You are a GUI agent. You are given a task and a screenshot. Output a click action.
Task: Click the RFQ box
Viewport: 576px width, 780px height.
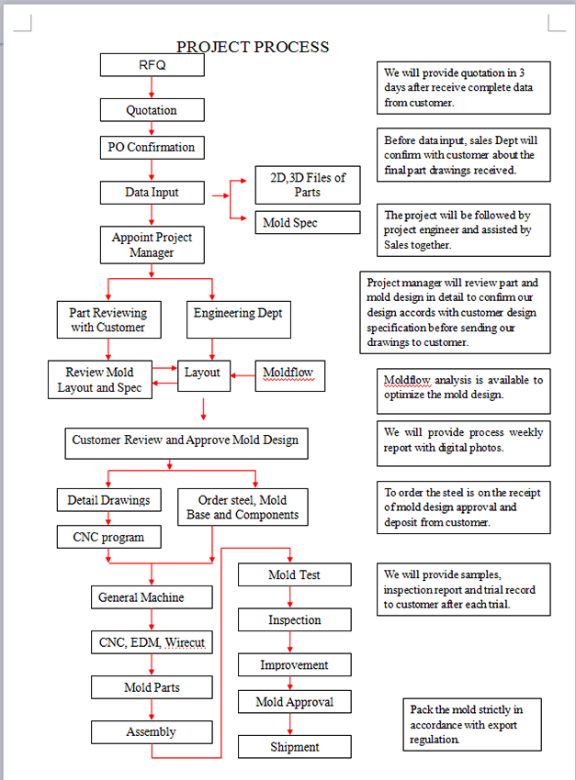pos(152,65)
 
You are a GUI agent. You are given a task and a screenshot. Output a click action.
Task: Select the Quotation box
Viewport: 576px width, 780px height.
pos(152,110)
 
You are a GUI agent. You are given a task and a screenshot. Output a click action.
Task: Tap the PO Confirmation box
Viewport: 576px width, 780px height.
pos(152,147)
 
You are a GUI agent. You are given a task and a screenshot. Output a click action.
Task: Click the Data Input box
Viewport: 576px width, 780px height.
pos(152,193)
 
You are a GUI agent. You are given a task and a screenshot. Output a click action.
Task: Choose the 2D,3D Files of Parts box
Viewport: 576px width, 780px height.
pos(307,184)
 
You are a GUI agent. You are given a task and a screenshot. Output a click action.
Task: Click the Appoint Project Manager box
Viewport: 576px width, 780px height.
pos(152,245)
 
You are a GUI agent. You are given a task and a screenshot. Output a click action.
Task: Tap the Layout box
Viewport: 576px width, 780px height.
pos(203,373)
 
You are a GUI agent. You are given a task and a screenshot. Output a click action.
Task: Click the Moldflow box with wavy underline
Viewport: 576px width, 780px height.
pos(288,373)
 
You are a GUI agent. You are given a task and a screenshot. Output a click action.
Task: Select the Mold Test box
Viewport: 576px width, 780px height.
pos(294,575)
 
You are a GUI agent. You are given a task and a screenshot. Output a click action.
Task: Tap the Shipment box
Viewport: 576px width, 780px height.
pos(294,747)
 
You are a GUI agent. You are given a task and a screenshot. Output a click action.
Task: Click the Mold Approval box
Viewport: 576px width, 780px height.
pos(294,702)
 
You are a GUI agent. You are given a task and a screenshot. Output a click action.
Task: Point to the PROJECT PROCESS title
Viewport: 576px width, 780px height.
pos(253,47)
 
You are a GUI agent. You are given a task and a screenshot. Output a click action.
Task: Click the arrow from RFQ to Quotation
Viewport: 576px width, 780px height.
pos(152,87)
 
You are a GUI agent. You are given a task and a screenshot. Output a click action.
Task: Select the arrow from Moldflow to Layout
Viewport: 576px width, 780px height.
pos(242,373)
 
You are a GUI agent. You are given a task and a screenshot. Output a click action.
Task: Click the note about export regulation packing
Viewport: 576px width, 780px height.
pos(472,724)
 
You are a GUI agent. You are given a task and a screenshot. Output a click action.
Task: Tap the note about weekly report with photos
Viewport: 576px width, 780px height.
pos(463,440)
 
